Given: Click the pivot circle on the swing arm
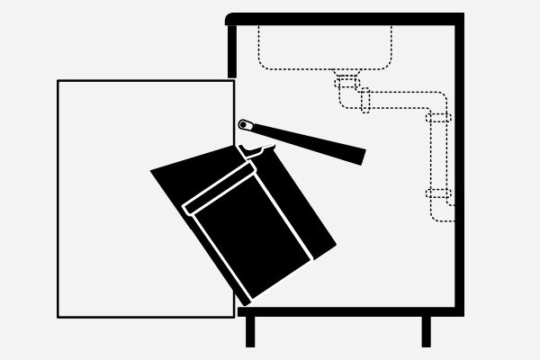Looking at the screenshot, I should tap(244, 124).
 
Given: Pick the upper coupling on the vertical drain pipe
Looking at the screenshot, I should tap(438, 117).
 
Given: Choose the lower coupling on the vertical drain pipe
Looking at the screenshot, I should tap(438, 193).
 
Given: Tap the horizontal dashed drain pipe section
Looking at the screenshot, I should tap(400, 100).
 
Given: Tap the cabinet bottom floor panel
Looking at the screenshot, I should tap(351, 311).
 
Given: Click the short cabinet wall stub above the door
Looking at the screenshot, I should tap(232, 49).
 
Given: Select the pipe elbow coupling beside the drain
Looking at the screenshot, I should tap(365, 100).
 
